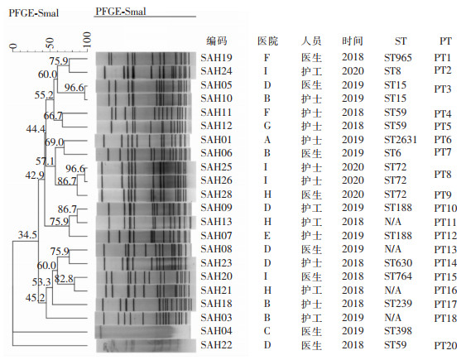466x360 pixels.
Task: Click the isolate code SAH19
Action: (x=216, y=58)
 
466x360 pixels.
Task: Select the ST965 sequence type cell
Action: (x=397, y=58)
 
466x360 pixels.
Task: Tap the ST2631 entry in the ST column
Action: (x=401, y=140)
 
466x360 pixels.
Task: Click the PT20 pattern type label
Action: (x=445, y=346)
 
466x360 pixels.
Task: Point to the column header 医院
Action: (x=267, y=41)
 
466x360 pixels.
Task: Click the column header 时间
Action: (x=352, y=41)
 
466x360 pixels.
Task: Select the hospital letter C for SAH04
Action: (x=267, y=331)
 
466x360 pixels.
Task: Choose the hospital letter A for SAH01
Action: (x=267, y=140)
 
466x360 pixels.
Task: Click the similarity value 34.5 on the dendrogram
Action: (x=27, y=235)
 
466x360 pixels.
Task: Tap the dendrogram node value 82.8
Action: (x=64, y=279)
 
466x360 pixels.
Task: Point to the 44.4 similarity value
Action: (x=36, y=129)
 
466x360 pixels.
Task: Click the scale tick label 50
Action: (x=50, y=42)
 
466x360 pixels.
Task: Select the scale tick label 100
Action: (x=86, y=40)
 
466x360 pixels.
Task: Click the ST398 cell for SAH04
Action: (x=397, y=331)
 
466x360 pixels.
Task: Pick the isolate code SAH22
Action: (x=216, y=345)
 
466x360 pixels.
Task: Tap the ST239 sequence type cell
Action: (x=397, y=304)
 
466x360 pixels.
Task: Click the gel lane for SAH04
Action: (x=142, y=332)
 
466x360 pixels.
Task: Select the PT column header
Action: (x=445, y=41)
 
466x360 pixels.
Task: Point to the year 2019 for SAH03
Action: (x=353, y=318)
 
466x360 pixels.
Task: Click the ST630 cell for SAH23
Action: (x=397, y=263)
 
